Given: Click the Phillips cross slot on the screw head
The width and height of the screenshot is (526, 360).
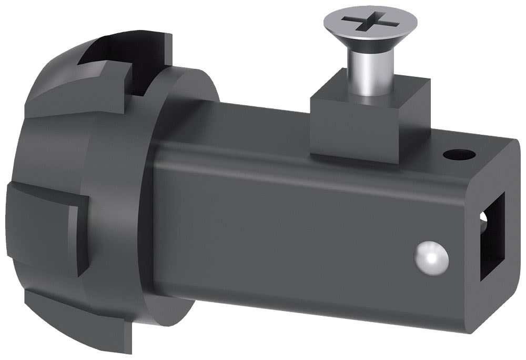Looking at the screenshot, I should coord(370,23).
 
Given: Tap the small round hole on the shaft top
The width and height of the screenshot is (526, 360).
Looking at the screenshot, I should coord(459,155).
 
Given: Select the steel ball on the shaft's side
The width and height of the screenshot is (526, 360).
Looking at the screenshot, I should coord(433,258).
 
